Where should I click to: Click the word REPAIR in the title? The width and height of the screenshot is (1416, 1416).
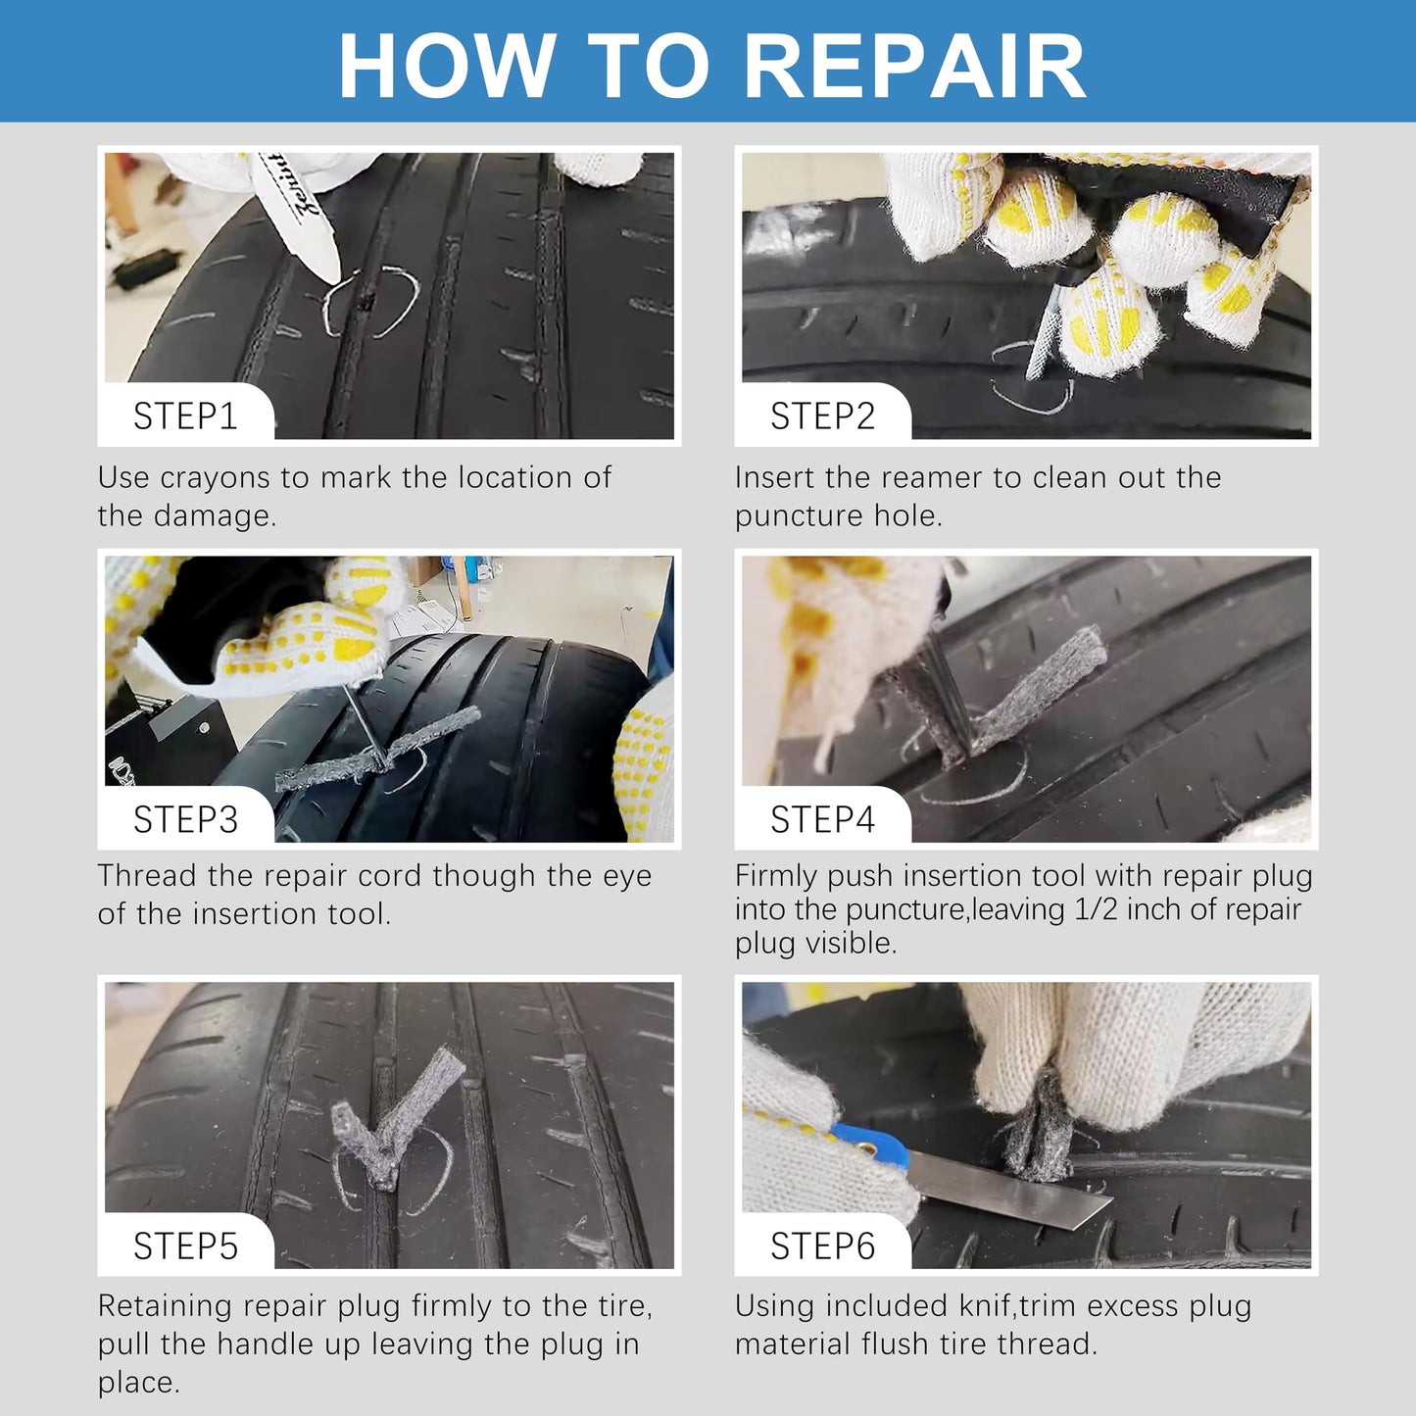915,67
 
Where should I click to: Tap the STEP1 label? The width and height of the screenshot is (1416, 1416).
186,415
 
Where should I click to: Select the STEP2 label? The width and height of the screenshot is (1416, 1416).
823,415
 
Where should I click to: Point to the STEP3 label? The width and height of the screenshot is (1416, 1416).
186,819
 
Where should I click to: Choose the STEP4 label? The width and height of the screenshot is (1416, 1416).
823,819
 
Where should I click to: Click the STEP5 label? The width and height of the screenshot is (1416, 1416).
186,1245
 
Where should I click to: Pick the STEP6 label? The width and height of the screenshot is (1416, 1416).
823,1245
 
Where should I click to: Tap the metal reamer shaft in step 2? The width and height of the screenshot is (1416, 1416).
1043,334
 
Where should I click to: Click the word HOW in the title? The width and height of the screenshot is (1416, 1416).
448,67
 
